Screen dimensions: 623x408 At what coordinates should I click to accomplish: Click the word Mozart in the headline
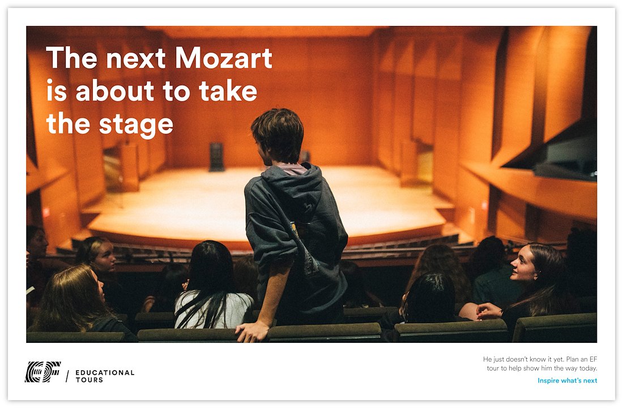224,58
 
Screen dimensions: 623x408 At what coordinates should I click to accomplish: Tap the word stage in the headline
136,125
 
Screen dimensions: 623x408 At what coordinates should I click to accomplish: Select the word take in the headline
228,91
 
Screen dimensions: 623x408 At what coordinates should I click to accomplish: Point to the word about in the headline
114,91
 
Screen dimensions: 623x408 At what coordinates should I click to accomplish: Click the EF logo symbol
43,372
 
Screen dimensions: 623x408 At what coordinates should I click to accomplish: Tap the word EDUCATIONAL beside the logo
105,372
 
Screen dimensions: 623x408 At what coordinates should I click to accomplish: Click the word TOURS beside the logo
89,380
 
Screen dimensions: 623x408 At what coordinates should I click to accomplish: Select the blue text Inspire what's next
567,381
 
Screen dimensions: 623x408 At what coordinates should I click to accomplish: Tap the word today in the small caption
588,368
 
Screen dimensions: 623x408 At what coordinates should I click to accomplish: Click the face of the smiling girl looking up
524,264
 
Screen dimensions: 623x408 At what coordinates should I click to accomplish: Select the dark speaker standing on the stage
216,157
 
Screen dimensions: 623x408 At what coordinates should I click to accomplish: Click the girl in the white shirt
212,286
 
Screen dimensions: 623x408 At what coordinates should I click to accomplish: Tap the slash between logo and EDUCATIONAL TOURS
67,376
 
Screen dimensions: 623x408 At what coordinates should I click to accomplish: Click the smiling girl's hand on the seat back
489,310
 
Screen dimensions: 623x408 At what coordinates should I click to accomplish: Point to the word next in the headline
136,59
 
